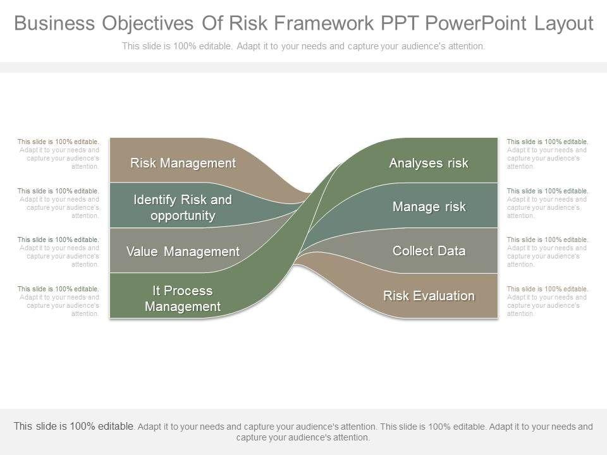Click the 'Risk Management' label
[x=183, y=163]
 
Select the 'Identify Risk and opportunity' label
[x=183, y=207]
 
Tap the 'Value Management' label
[x=183, y=252]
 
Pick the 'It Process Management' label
[x=183, y=298]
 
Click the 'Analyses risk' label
[x=429, y=163]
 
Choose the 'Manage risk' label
[x=429, y=207]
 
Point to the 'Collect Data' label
[x=429, y=251]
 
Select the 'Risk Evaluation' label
[x=429, y=296]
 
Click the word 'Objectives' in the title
[x=147, y=23]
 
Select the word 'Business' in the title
[x=54, y=23]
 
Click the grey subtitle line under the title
[x=303, y=46]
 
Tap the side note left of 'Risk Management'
[x=58, y=154]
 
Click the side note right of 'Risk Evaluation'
[x=548, y=301]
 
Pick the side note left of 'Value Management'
[x=58, y=252]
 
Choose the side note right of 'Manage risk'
[x=548, y=203]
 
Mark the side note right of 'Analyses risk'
[x=548, y=154]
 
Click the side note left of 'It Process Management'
[x=58, y=301]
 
